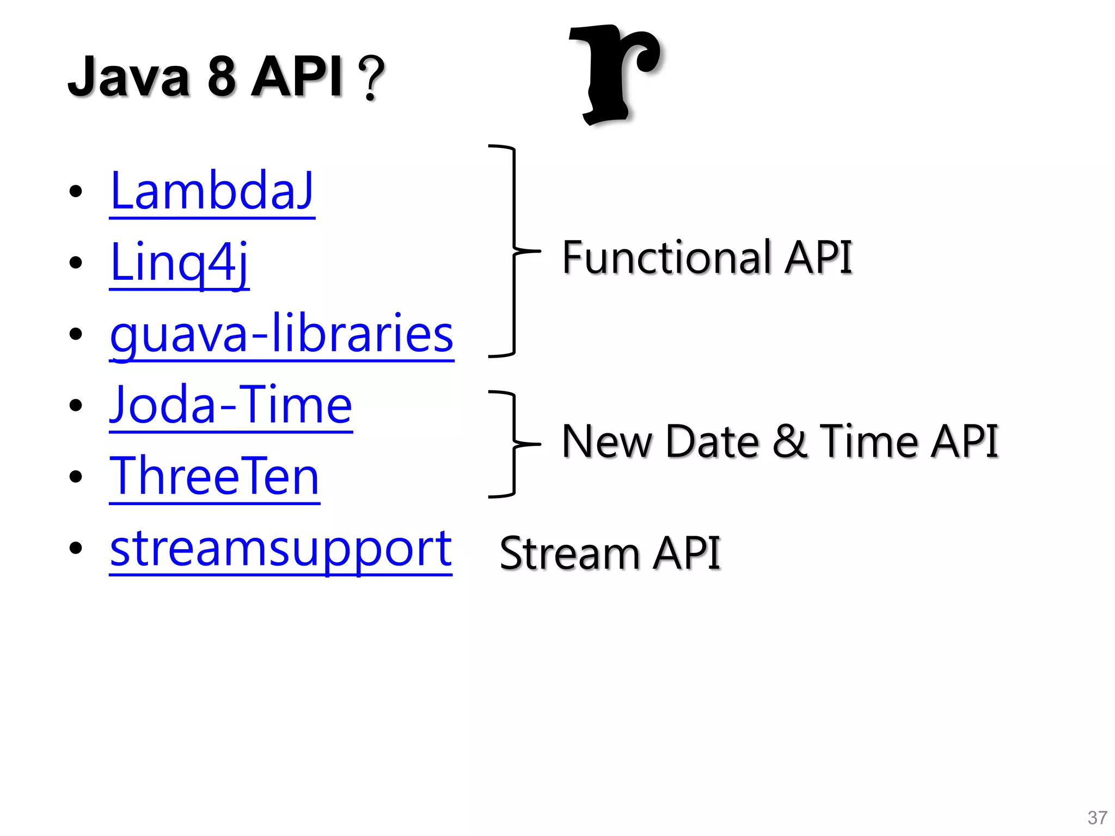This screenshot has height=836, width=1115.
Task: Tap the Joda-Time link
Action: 231,405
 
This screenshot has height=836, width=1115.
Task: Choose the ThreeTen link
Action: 215,476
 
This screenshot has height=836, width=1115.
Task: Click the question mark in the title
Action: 372,78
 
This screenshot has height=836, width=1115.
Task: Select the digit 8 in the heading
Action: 222,77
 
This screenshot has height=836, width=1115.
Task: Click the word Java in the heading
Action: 129,77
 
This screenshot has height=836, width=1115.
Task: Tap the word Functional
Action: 667,257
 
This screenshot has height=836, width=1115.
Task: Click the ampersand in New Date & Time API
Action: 789,441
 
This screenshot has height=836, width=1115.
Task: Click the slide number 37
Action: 1097,817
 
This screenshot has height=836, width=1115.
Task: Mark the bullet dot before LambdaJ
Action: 76,191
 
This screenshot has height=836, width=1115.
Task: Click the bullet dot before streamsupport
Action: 76,548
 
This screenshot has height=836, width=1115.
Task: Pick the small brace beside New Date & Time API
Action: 513,444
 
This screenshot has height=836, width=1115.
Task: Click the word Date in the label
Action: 712,441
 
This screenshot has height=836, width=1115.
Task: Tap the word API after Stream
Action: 687,554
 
